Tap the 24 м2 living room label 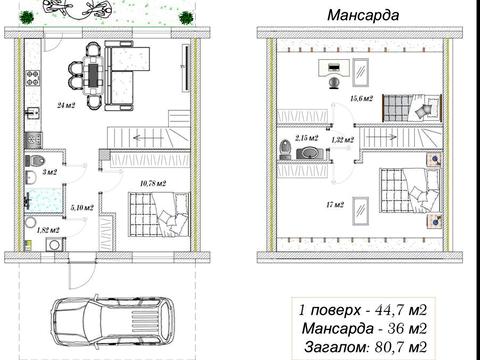click(66, 106)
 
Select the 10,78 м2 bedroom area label click(153, 183)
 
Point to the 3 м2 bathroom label click(50, 172)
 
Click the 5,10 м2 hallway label click(82, 208)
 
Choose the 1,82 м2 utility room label click(48, 230)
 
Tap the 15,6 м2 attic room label click(361, 98)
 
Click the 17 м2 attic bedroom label click(335, 204)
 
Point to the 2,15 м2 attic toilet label click(306, 137)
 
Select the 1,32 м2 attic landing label click(342, 140)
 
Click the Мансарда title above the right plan click(363, 15)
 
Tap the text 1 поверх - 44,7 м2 click(363, 310)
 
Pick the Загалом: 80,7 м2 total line click(365, 347)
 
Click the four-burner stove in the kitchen click(33, 78)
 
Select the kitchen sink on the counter click(33, 113)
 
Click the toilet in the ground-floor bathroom click(34, 161)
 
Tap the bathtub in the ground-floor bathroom click(44, 200)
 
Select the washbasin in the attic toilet click(310, 152)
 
